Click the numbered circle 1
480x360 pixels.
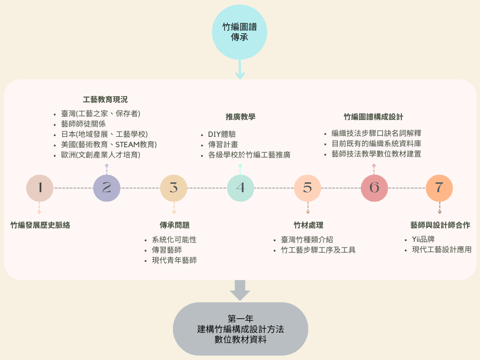point(40,188)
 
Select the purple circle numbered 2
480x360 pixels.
point(107,188)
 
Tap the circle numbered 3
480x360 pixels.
point(174,188)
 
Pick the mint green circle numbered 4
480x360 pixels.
point(240,188)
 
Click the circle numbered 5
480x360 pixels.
point(307,188)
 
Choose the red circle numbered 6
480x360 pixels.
point(374,188)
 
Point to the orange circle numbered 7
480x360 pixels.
point(439,188)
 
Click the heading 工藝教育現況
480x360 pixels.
point(105,99)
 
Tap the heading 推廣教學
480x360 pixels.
point(240,117)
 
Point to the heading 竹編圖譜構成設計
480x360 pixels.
point(374,117)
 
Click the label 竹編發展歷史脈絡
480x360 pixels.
point(40,225)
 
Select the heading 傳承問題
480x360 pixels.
point(174,225)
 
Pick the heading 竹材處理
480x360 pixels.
point(308,225)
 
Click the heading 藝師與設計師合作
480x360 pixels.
point(440,225)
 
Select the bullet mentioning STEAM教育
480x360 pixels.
point(109,144)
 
